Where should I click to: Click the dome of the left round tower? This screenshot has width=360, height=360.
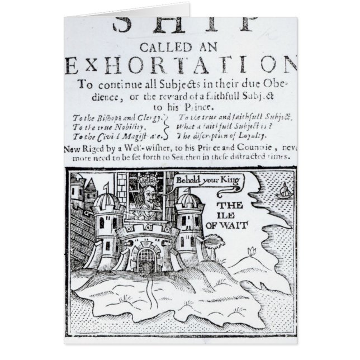(x=107, y=201)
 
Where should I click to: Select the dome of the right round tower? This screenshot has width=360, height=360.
(x=188, y=200)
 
